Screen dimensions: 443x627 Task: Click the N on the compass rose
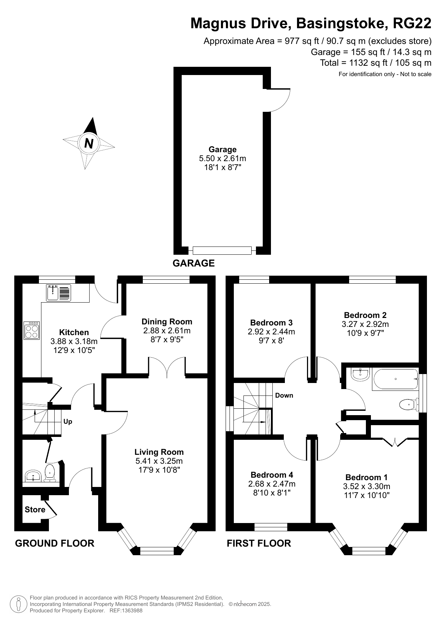click(x=89, y=143)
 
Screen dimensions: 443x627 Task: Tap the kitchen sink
click(x=59, y=293)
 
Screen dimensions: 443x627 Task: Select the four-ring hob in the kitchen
click(x=32, y=330)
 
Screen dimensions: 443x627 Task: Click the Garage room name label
click(x=223, y=149)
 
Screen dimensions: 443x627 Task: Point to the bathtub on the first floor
click(x=395, y=379)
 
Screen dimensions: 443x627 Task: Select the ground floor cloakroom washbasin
click(x=34, y=476)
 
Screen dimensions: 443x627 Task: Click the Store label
click(x=35, y=509)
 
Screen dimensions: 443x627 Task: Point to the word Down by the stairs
click(x=284, y=395)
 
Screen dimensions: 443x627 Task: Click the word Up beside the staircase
click(x=68, y=422)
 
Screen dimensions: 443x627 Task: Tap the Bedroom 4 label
click(x=272, y=475)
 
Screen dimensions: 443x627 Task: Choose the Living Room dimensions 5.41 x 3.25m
click(x=159, y=461)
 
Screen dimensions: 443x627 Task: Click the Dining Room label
click(x=167, y=322)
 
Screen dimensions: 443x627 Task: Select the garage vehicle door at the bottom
click(x=222, y=250)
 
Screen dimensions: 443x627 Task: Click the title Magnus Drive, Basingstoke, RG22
click(x=311, y=23)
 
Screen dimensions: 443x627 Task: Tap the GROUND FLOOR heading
click(x=55, y=543)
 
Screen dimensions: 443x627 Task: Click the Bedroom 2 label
click(x=365, y=315)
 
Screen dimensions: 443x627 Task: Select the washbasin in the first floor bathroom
click(x=361, y=374)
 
